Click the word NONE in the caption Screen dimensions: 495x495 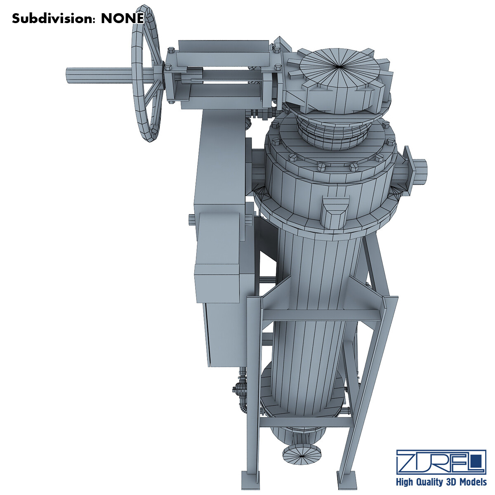(123, 19)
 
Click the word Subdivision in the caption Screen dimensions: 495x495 (54, 19)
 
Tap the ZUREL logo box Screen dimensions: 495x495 (441, 462)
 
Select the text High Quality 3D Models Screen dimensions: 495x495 (441, 482)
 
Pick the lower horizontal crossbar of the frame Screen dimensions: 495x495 (305, 423)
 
